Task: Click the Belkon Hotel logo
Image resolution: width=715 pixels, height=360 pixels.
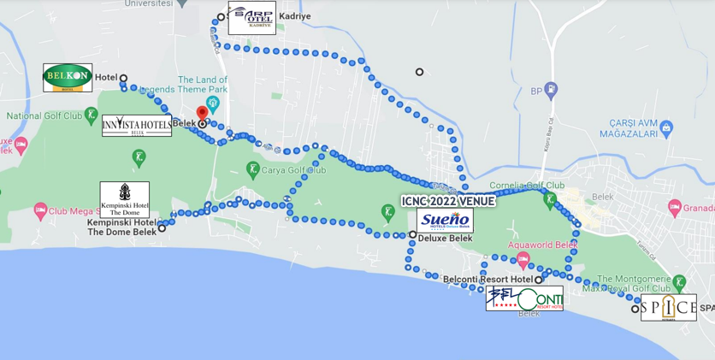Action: pos(68,78)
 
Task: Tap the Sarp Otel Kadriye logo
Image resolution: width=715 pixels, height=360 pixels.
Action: pos(252,18)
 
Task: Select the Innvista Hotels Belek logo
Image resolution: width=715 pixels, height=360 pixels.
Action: pos(137,125)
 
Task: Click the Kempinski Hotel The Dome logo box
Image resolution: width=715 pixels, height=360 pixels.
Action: pos(125,199)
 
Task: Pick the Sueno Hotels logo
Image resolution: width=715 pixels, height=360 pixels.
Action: pos(445,221)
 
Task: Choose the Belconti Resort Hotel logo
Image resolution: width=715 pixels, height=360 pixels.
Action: pos(524,298)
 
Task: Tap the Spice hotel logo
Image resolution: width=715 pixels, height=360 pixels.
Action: pos(669,308)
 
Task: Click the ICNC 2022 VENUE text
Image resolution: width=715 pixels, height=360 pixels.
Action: pos(448,202)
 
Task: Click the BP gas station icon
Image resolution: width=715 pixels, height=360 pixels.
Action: pos(550,89)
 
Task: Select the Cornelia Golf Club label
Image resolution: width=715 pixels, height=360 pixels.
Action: pos(527,185)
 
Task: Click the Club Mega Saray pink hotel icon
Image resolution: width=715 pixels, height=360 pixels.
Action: pos(39,210)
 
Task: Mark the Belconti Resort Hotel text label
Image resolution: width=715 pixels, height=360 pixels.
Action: pos(487,280)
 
